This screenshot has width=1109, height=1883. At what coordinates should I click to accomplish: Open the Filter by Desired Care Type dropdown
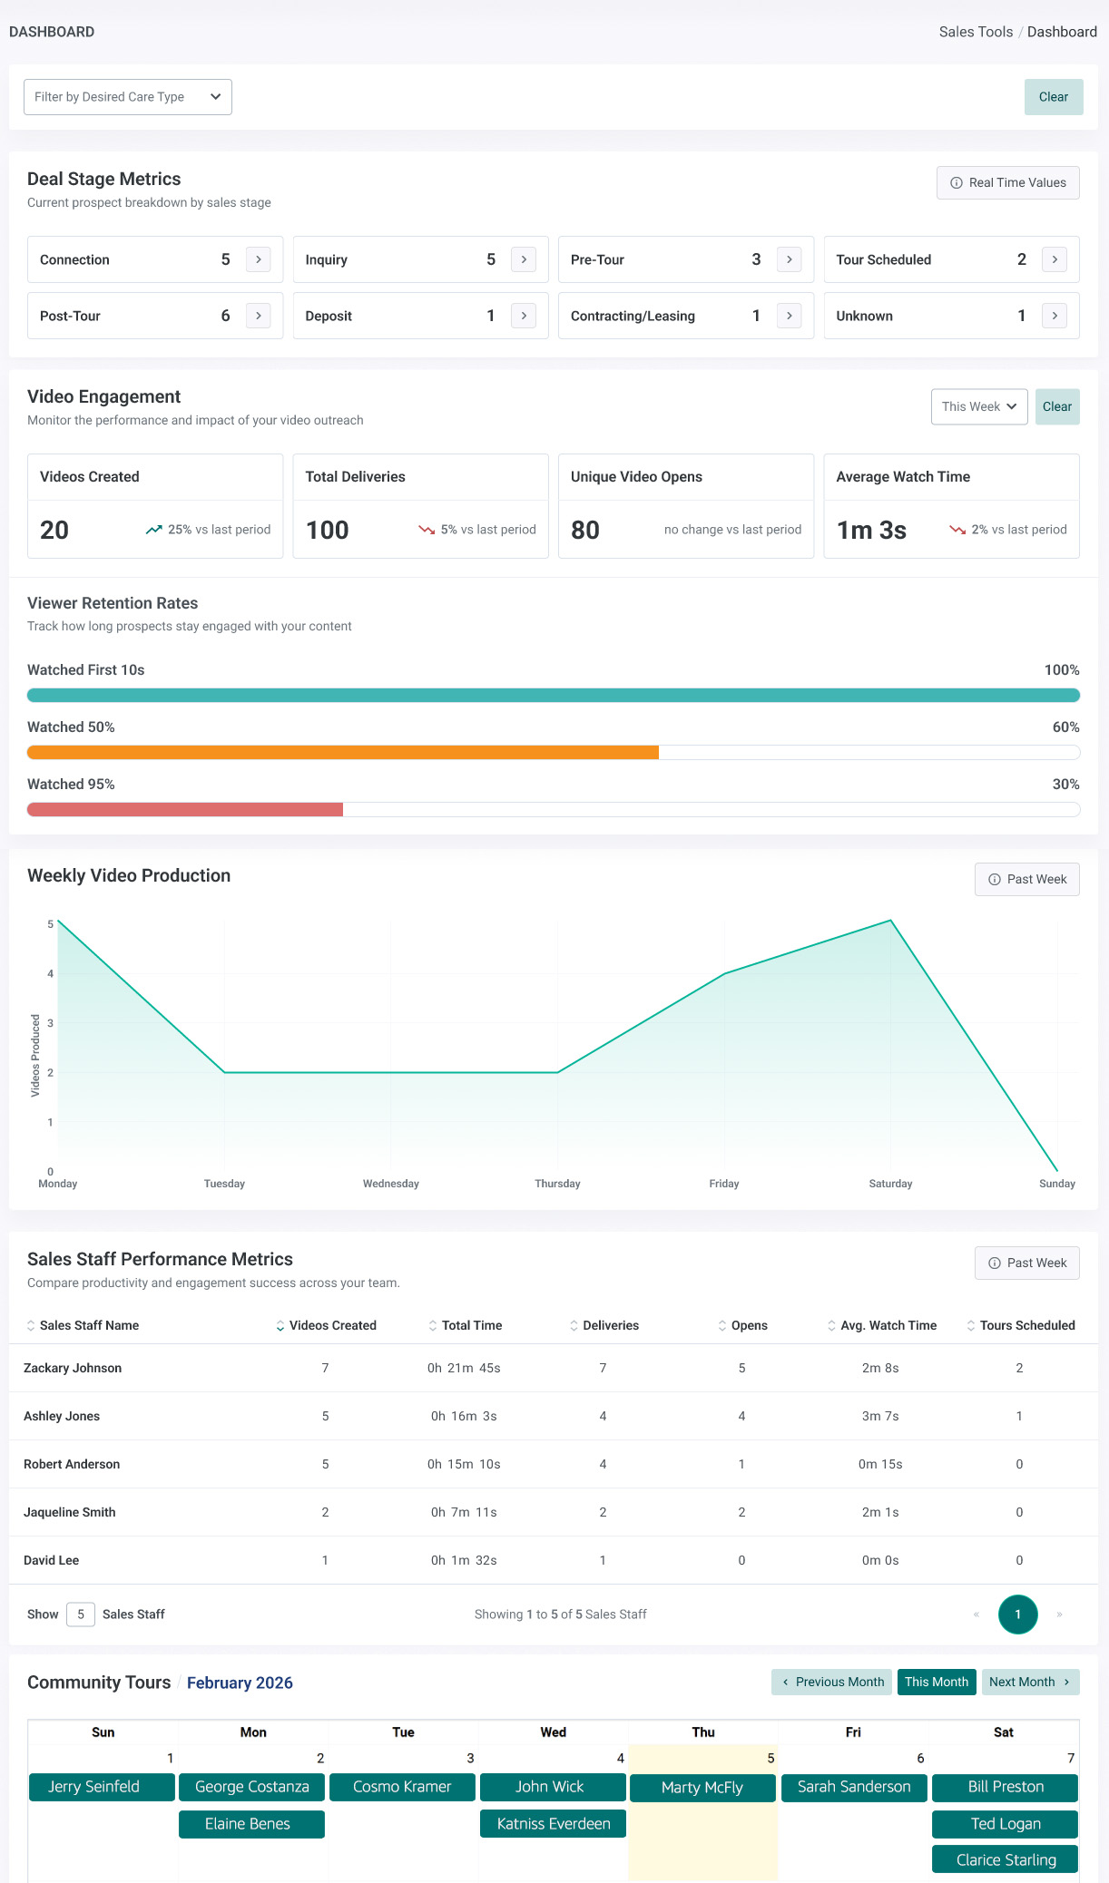coord(128,97)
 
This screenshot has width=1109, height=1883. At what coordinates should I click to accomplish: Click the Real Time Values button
coord(1008,182)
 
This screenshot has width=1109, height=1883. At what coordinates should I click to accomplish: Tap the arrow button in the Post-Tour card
coord(259,316)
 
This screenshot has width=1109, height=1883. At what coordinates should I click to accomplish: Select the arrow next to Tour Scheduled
coord(1055,259)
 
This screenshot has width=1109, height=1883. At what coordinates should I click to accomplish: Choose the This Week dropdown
coord(979,406)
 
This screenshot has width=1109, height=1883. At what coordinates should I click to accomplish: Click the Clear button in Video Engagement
coord(1057,406)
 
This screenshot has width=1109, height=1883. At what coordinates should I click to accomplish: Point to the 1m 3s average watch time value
coord(871,530)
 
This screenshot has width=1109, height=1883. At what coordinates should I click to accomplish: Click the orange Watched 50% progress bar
coord(343,752)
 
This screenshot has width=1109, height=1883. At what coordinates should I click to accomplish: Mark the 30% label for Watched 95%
coord(1065,784)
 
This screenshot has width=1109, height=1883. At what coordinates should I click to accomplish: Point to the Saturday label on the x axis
coord(890,1183)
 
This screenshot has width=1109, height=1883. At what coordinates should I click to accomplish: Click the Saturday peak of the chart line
coord(891,921)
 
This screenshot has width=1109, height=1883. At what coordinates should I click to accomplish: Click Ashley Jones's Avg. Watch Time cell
coord(880,1416)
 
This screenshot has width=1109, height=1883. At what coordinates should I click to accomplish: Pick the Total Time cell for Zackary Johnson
coord(464,1368)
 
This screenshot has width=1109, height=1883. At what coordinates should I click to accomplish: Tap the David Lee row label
coord(51,1560)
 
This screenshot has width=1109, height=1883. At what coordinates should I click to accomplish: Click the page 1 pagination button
coord(1018,1614)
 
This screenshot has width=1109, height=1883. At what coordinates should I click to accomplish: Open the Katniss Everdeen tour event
coord(554,1824)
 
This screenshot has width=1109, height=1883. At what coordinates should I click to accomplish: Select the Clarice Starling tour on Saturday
coord(1006,1859)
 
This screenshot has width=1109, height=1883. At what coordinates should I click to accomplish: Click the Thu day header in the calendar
coord(703,1732)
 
